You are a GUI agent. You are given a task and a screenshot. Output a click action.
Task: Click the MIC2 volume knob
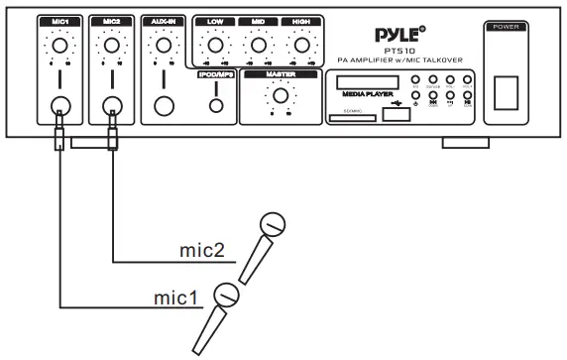coord(111,46)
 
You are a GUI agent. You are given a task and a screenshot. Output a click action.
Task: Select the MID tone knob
coord(257,46)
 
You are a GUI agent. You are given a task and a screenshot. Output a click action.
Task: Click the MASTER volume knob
coord(281,96)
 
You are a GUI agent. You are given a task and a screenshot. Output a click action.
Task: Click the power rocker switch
coord(509,82)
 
